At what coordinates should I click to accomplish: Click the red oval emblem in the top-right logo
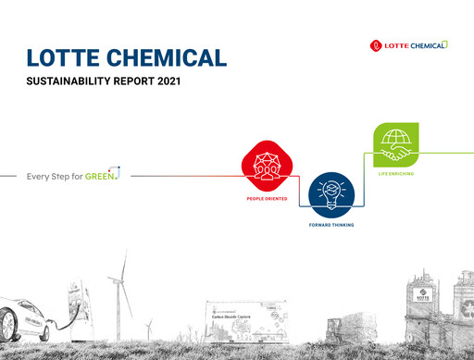point(375,44)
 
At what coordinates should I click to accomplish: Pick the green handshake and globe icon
point(396,144)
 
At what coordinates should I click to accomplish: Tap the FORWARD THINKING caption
point(330,225)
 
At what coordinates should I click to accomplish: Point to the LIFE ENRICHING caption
point(397,173)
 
